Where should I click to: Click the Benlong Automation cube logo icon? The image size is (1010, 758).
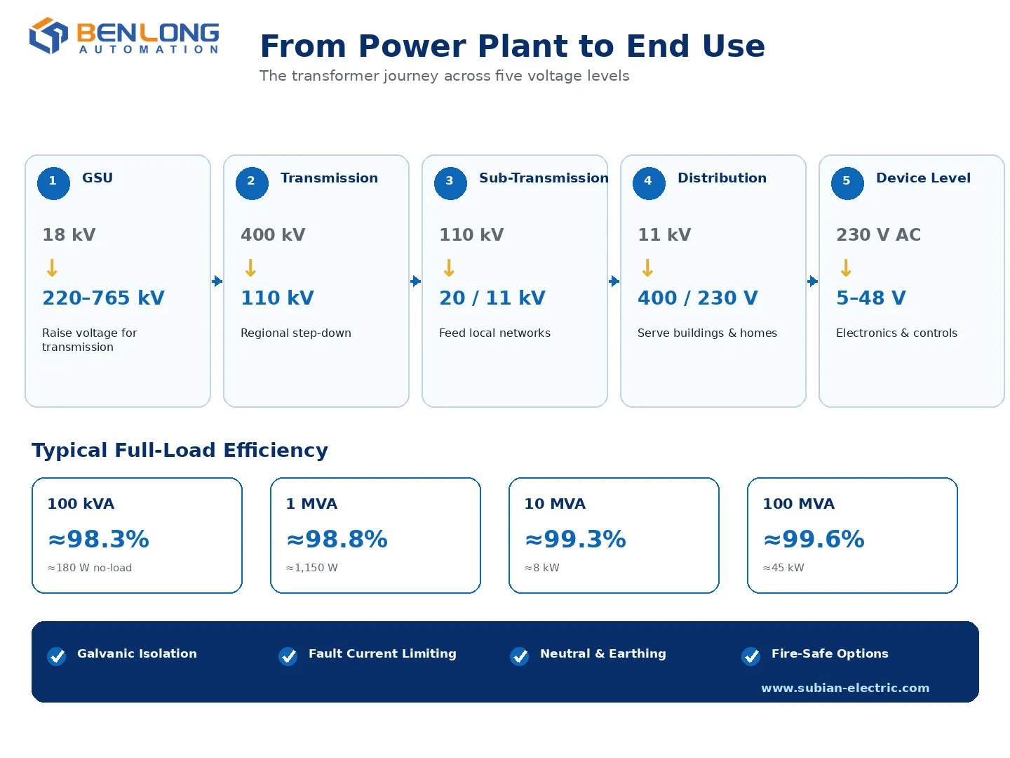point(48,35)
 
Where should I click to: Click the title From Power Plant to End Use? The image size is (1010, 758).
point(512,46)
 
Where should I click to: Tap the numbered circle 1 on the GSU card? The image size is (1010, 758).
point(53,182)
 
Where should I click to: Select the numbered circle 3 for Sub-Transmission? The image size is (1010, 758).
point(450,182)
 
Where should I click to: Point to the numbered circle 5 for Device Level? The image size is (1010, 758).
point(847,182)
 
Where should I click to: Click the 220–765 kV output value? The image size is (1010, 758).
point(103,298)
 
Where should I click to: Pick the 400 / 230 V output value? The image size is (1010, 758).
point(697,298)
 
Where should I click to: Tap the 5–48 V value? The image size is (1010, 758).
point(870,298)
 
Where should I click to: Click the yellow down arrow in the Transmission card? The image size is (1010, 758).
point(250,267)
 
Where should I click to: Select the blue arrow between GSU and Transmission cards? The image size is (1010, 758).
point(217,281)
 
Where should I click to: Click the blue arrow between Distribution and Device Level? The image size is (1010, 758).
point(812,281)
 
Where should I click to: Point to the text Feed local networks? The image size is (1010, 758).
point(494,333)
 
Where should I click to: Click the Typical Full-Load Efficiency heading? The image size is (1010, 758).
point(180,450)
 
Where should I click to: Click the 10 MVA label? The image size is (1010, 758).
point(555,503)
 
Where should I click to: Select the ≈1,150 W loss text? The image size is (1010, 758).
point(312,568)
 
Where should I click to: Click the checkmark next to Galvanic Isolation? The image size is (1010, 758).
point(57,656)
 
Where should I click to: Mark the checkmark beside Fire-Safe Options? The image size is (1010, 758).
point(750,656)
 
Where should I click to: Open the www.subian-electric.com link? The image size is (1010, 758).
point(844,688)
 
